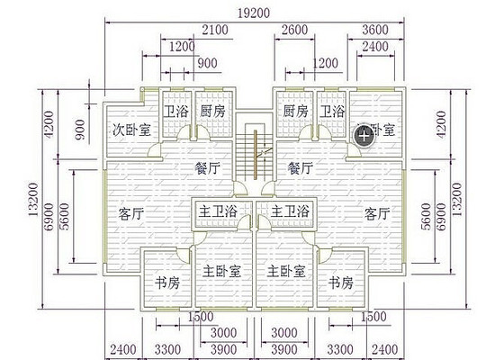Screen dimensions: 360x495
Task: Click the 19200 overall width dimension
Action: [253, 13]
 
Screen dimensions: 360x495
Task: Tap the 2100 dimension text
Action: [214, 30]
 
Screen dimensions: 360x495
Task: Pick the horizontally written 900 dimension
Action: [206, 63]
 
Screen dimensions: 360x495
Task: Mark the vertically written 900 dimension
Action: [80, 133]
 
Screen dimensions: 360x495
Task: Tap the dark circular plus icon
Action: [363, 136]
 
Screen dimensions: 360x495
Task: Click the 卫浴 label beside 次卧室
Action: [175, 112]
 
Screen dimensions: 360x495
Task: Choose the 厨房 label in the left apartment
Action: [212, 112]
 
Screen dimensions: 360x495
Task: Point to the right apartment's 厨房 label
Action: [294, 112]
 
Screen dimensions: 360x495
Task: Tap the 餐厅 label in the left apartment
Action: [209, 168]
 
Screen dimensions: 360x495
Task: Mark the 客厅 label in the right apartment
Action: [378, 214]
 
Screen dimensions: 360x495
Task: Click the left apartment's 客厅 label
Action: [131, 214]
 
